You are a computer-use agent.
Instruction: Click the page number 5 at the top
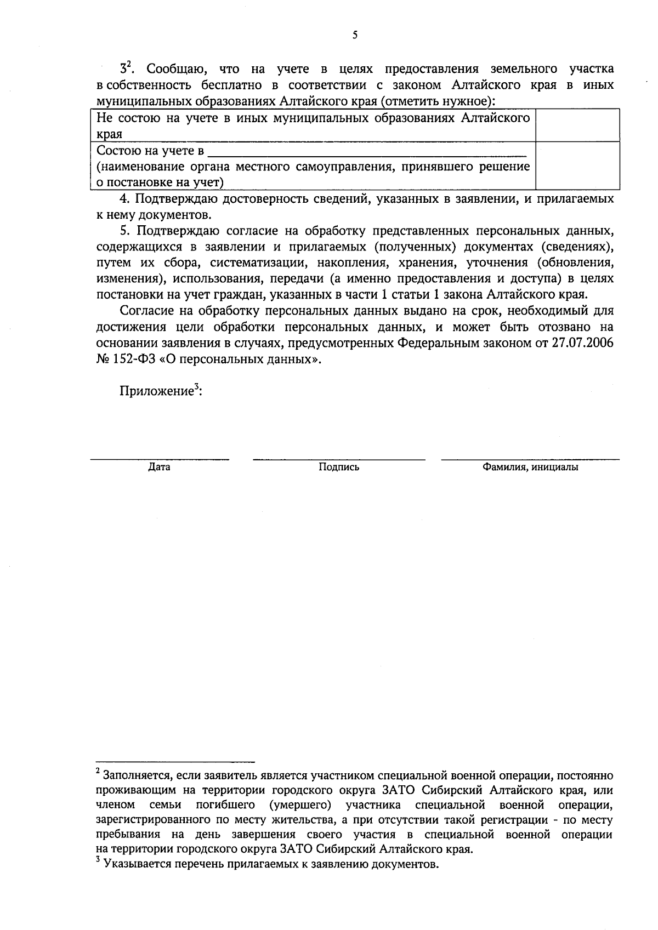click(355, 36)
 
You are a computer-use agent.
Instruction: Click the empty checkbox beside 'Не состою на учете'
click(577, 125)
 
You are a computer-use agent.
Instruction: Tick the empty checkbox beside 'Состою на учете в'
click(577, 166)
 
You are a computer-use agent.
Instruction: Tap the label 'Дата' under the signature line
click(159, 467)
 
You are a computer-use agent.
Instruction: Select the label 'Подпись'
click(339, 467)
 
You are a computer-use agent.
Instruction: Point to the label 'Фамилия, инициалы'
click(530, 467)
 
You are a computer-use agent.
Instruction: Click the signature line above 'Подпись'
click(339, 459)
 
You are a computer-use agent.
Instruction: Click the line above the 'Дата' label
click(159, 459)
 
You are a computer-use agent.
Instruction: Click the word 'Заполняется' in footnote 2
click(138, 776)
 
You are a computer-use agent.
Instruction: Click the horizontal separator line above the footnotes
click(175, 762)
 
